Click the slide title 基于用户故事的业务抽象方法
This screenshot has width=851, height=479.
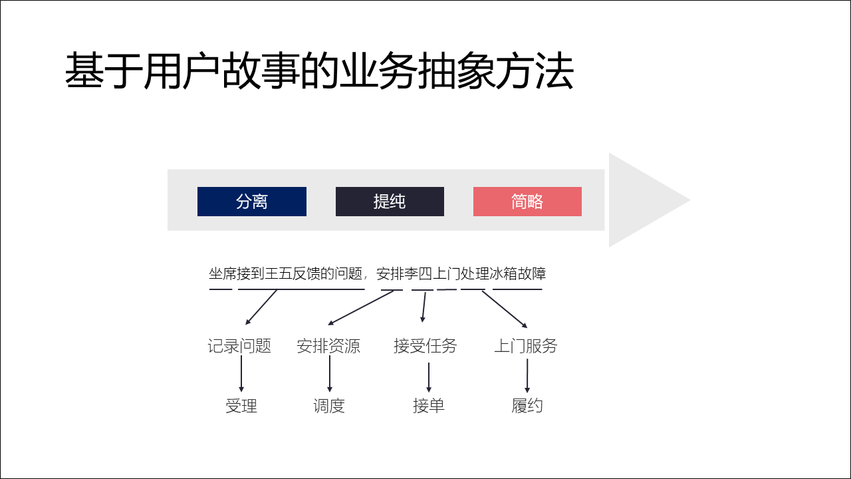[319, 72]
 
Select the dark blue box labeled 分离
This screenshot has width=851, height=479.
[252, 202]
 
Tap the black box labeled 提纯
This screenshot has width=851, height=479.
[390, 202]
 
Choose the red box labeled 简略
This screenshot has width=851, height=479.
[527, 202]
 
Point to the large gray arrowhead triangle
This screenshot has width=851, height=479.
[645, 200]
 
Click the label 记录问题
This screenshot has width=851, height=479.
[239, 346]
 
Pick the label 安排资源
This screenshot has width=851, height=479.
[328, 346]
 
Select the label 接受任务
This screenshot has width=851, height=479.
[425, 346]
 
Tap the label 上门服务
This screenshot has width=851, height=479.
[526, 346]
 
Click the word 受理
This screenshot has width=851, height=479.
[241, 406]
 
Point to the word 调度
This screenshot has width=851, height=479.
[329, 406]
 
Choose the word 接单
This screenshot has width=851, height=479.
[429, 406]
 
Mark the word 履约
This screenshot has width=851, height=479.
[527, 406]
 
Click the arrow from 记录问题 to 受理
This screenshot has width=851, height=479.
[241, 375]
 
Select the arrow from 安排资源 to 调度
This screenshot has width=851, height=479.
[329, 375]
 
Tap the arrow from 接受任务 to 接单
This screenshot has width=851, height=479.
[429, 377]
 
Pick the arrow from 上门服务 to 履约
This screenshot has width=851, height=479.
[527, 377]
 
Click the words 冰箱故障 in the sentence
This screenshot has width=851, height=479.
[518, 274]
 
